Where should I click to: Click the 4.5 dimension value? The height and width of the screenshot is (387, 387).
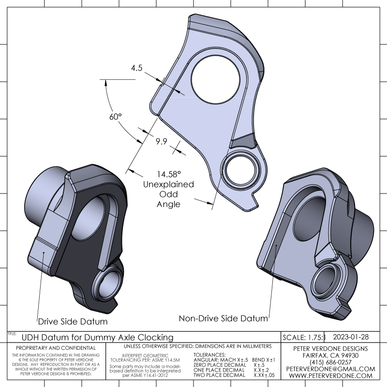136,68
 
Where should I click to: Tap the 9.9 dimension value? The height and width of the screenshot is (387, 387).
161,141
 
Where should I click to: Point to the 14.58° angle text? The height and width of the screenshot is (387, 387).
168,174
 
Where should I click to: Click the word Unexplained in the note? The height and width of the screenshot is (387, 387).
168,184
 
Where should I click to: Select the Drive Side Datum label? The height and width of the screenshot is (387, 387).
73,321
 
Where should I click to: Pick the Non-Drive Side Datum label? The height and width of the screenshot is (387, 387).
223,318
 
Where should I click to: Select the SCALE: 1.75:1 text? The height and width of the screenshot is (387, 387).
304,337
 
